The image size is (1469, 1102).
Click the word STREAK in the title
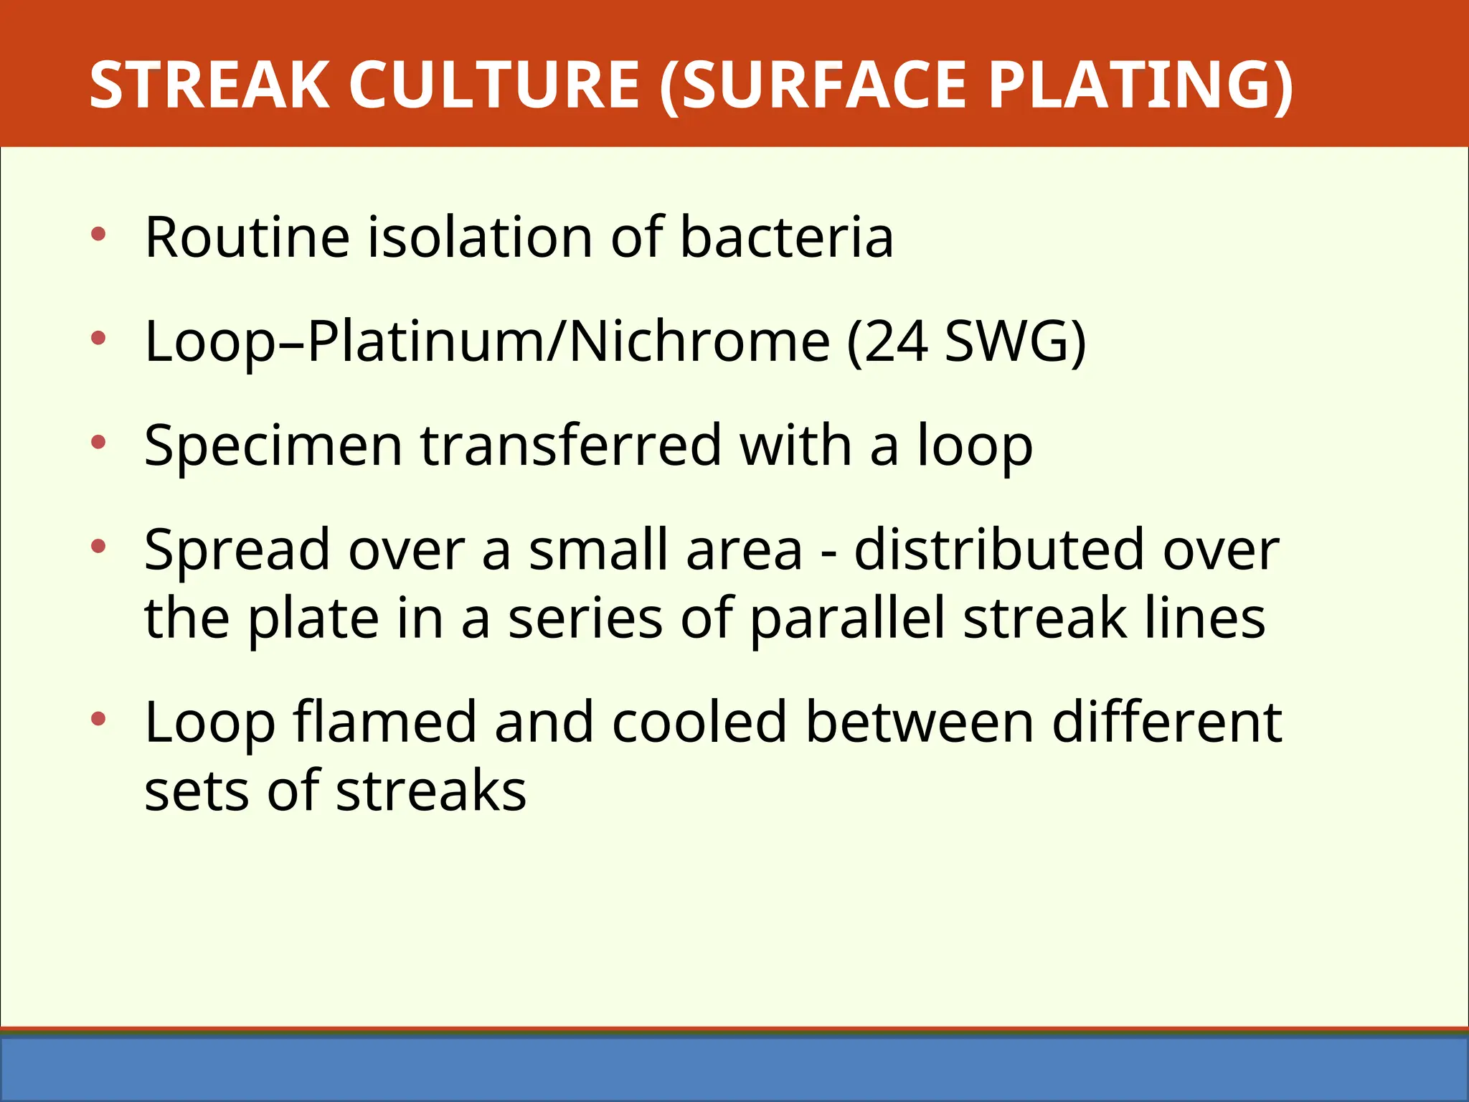coord(209,85)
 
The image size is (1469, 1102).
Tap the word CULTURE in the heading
coord(494,85)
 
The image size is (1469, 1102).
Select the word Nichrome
coord(699,342)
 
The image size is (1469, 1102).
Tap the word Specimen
coord(273,446)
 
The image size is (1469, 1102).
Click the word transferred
coord(570,446)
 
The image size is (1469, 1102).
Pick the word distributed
coord(998,550)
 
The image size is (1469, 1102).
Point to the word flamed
coord(384,722)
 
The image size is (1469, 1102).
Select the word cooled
coord(699,722)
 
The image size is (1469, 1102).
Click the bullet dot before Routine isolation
coord(99,234)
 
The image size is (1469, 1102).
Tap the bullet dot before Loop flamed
coord(99,720)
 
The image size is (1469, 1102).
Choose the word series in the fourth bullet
coord(585,619)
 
